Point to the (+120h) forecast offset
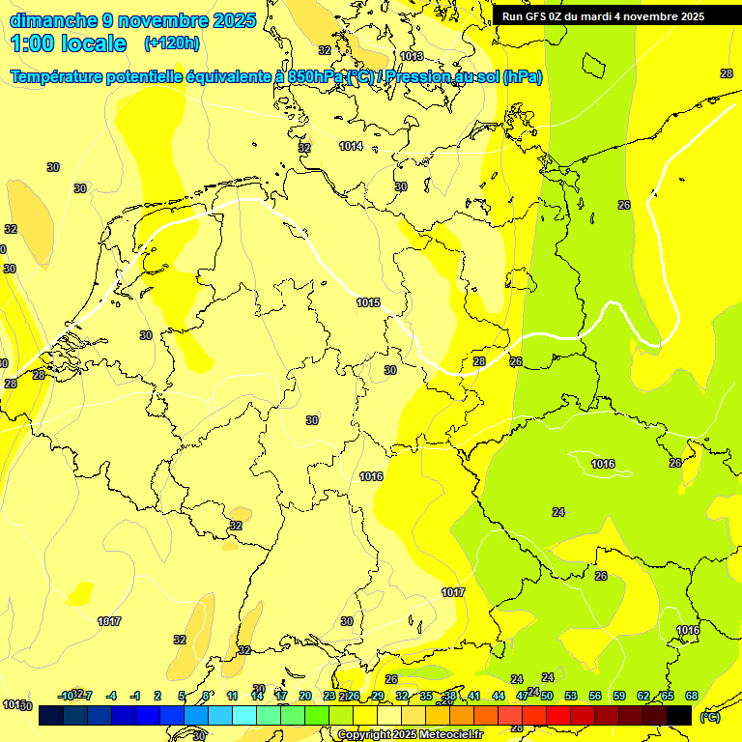click(x=172, y=43)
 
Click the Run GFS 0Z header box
click(x=603, y=16)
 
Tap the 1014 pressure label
click(x=351, y=146)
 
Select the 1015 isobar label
click(x=368, y=302)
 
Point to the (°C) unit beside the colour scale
click(x=709, y=717)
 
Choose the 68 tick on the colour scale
click(x=692, y=696)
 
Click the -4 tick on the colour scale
click(x=111, y=696)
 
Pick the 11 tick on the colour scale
click(x=232, y=696)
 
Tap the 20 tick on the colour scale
click(x=304, y=696)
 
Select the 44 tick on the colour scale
click(x=499, y=696)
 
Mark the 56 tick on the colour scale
click(x=595, y=696)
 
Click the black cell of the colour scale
click(x=679, y=716)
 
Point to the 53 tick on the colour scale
click(x=571, y=696)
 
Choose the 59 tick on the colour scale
click(x=619, y=696)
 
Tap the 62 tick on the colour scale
click(x=643, y=696)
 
